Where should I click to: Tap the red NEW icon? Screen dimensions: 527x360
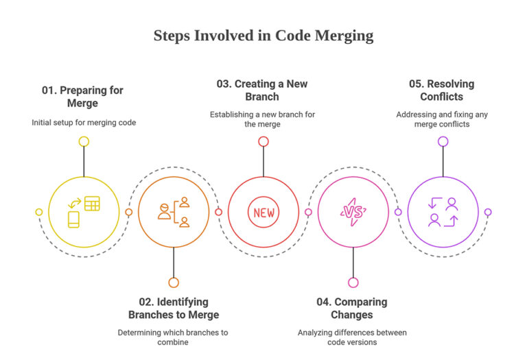[263, 213]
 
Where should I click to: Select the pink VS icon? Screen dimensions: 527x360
[353, 212]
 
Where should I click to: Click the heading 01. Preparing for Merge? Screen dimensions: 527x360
[82, 97]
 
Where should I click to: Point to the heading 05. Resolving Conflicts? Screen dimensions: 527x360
[442, 91]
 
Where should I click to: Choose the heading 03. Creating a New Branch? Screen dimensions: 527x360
[262, 91]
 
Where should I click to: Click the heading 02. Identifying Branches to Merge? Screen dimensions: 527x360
[174, 309]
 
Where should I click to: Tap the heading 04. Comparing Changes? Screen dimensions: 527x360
[352, 309]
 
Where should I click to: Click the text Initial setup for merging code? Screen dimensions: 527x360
[84, 123]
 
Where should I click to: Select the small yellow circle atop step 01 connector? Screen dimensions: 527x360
[84, 142]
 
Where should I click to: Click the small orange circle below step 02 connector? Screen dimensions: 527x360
[174, 283]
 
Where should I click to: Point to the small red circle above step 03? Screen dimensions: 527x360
[263, 142]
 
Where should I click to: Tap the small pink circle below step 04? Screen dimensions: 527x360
[353, 283]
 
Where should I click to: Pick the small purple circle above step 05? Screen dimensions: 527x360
[443, 142]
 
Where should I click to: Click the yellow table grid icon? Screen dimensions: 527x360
[92, 204]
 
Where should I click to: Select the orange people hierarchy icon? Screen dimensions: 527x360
[174, 212]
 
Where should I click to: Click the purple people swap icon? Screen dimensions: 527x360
[443, 212]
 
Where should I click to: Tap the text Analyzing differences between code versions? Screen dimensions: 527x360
[352, 337]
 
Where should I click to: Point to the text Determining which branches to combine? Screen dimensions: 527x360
[173, 337]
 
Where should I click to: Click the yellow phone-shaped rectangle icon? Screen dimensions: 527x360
[73, 219]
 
